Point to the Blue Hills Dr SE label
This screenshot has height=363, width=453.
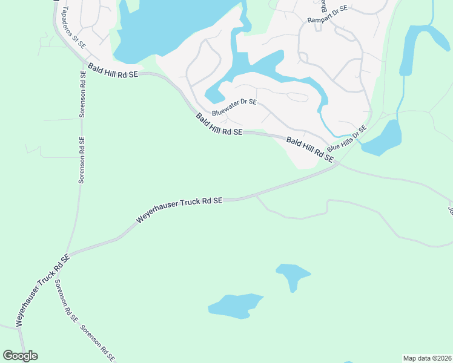coord(347,139)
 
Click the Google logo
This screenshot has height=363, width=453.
coord(20,355)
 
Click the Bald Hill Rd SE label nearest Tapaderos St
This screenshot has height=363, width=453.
coord(113,71)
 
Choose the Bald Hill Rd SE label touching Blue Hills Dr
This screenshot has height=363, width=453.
coord(310,149)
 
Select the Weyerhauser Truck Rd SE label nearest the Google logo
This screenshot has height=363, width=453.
coord(42,290)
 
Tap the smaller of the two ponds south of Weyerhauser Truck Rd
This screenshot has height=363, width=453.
coord(293,275)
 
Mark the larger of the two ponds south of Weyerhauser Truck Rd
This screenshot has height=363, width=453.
coord(235,306)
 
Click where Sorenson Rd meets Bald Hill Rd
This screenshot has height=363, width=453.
coord(83,60)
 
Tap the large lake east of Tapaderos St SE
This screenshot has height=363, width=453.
coord(164,27)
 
